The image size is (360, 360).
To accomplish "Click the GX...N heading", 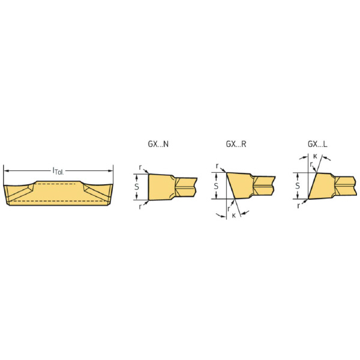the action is [x=158, y=144].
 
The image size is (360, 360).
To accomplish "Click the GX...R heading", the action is [x=236, y=144].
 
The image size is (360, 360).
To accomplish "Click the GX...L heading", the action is [x=317, y=144].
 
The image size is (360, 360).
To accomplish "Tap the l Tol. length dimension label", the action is [x=58, y=171].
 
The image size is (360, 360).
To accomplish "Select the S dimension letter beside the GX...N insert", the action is [x=137, y=187].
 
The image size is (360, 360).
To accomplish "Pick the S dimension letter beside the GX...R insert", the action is [x=216, y=186].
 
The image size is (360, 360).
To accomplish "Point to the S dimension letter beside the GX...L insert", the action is [x=298, y=186].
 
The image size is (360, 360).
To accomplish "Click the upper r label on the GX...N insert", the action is [x=140, y=167].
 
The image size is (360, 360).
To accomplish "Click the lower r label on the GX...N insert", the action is [x=140, y=207].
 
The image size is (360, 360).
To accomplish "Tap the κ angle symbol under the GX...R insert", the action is [x=234, y=215].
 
